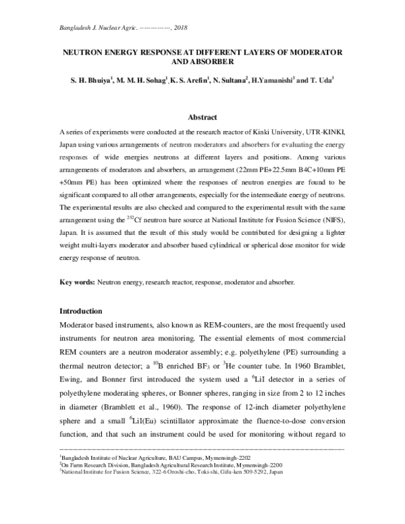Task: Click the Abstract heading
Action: point(202,117)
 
